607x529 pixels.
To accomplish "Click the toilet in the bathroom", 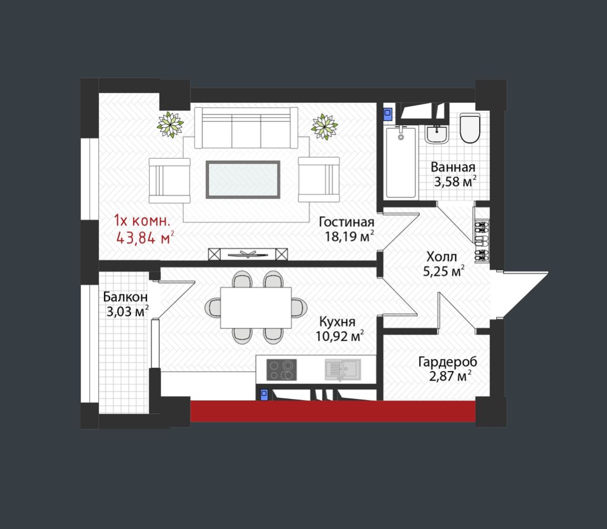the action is click(470, 128).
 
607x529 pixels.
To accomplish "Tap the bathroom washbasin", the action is click(437, 134).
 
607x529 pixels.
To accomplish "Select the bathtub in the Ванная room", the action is click(401, 163).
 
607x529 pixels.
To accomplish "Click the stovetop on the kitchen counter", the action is click(282, 370).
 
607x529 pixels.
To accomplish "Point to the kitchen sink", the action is click(343, 370).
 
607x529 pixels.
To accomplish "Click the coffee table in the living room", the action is click(243, 179).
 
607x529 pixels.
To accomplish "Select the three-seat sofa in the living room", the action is click(246, 128).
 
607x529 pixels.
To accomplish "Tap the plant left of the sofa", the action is click(170, 125).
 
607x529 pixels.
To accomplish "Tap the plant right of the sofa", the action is click(324, 127).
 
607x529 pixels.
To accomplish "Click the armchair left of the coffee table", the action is click(169, 180).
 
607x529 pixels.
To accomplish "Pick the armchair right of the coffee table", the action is click(319, 179).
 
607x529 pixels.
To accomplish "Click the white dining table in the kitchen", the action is click(256, 308).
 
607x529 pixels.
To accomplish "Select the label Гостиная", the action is click(347, 222).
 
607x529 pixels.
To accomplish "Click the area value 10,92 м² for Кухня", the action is click(339, 336).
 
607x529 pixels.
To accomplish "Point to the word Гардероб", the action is click(448, 362).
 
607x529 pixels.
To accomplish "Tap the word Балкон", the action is click(125, 297).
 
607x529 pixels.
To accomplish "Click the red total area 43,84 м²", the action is click(145, 237).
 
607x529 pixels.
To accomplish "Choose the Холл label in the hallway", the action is click(442, 256).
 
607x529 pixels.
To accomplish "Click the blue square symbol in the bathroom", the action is click(387, 113).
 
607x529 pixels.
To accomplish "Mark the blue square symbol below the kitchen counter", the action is click(264, 394).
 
